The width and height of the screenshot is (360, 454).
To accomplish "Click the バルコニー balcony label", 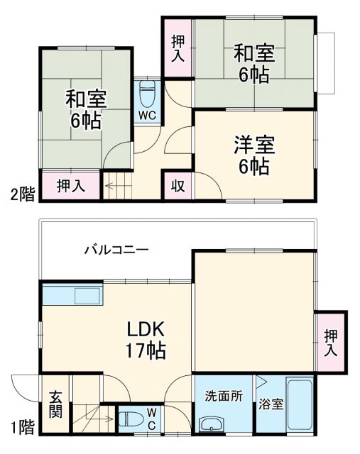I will (116, 250).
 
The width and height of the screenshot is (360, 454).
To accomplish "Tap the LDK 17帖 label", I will (146, 339).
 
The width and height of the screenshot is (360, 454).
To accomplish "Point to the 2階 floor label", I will (22, 194).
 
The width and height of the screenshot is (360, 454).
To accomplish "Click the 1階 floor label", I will (22, 427).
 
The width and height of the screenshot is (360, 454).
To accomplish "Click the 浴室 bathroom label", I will (271, 405).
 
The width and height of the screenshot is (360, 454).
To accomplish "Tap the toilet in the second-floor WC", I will (148, 93).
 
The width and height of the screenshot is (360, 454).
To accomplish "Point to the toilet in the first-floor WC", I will (130, 419).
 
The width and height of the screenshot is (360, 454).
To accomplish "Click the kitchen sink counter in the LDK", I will (70, 295).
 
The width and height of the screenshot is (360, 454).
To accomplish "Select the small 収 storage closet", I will (178, 187).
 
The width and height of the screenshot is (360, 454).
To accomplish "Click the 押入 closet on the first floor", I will (331, 343).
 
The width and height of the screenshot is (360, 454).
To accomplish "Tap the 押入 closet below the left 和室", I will (70, 187).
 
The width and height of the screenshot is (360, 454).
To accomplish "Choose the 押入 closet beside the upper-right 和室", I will (178, 48).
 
